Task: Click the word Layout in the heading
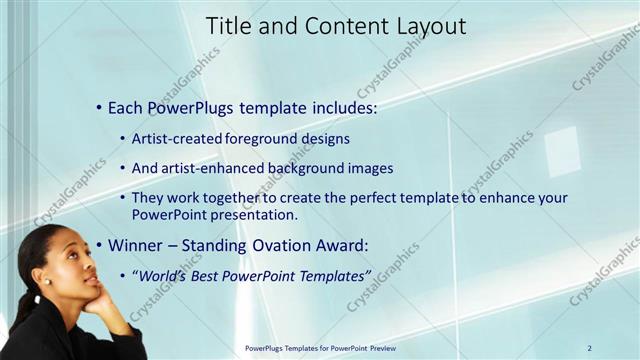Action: point(431,27)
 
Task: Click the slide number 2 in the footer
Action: point(589,348)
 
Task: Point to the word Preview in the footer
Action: point(377,348)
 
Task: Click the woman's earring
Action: point(46,281)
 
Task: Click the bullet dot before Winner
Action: point(98,245)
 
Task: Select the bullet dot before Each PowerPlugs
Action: point(98,107)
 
